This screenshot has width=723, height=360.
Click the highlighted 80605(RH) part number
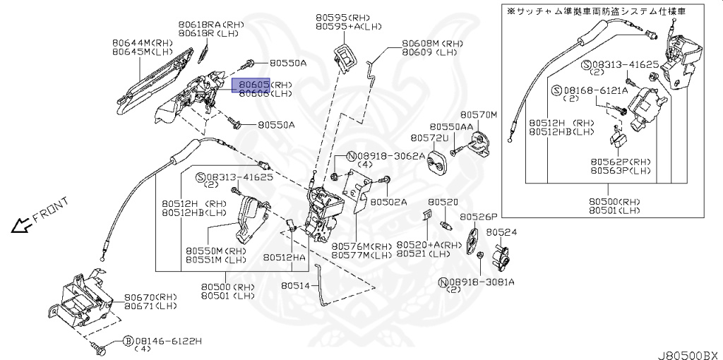(255, 84)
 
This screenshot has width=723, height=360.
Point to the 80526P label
(479, 217)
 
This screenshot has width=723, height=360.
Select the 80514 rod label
(295, 286)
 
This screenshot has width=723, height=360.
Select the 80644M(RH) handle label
(142, 42)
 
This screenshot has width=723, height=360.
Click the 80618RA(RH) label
(210, 25)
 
